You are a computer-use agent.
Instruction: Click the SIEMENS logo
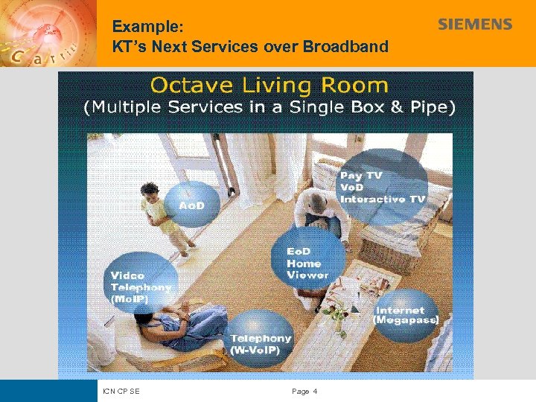(x=474, y=25)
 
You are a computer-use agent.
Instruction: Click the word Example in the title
(x=147, y=26)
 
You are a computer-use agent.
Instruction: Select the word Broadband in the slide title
(x=345, y=46)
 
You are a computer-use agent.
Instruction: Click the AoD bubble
(x=191, y=204)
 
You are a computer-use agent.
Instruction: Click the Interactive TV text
(x=383, y=200)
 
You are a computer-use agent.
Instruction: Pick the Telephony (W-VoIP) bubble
(x=260, y=343)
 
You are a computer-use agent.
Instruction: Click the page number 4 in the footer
(x=315, y=391)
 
